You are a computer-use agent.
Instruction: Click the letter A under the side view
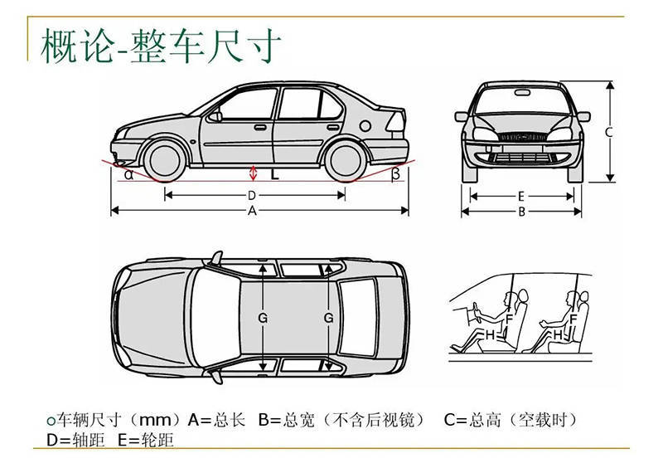click(x=252, y=212)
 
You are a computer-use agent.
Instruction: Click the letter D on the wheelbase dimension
click(x=252, y=196)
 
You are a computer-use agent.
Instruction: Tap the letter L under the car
click(x=274, y=175)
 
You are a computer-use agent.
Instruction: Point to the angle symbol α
click(x=128, y=174)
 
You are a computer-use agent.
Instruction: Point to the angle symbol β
click(x=395, y=173)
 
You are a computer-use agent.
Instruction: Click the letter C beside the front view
click(x=608, y=132)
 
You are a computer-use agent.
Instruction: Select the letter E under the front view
click(x=520, y=197)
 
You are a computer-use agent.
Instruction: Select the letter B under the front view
click(x=521, y=212)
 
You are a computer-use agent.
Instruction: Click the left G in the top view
click(x=263, y=318)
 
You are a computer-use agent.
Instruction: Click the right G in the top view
click(x=329, y=318)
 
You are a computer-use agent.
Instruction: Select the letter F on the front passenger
click(x=511, y=318)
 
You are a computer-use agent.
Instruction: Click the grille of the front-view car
click(x=520, y=136)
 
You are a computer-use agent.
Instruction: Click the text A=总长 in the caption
click(x=217, y=420)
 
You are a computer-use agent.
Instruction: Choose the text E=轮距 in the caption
click(x=146, y=440)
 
